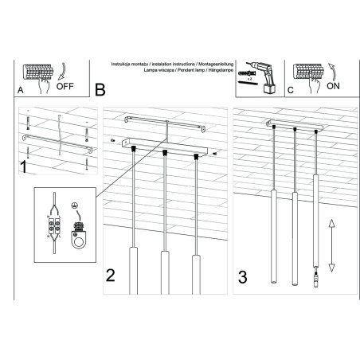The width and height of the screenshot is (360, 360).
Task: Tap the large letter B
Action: (x=100, y=90)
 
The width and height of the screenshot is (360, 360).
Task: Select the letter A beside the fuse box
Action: (x=20, y=91)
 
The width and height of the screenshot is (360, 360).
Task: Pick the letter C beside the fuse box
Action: (x=291, y=91)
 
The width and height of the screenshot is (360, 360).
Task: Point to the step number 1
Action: (x=25, y=166)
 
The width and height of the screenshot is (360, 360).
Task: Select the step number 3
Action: (x=242, y=278)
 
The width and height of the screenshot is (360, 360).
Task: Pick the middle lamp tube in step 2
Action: (x=165, y=271)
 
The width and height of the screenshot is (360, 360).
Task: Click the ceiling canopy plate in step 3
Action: (x=297, y=127)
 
